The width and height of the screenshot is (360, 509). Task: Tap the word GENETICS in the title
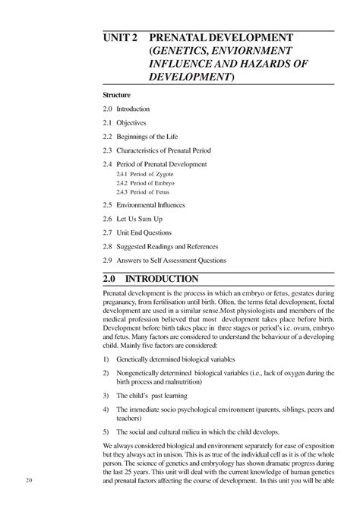pos(186,51)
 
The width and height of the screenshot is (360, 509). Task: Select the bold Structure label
pos(118,94)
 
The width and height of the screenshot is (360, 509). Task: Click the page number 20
pos(28,480)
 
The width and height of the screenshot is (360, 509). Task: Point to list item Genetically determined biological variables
pos(175,359)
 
